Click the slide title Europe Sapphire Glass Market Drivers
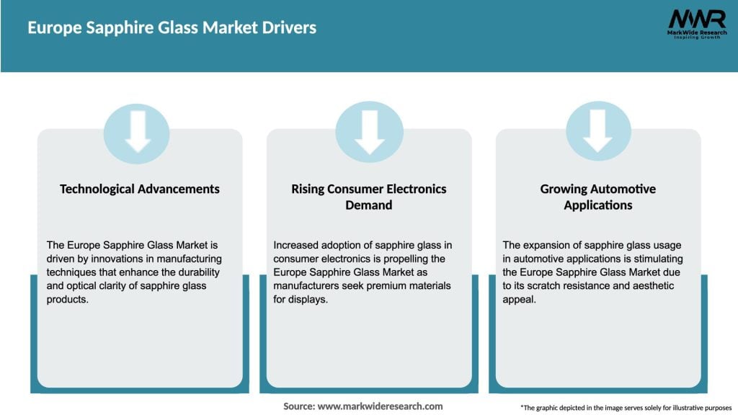pyautogui.click(x=172, y=28)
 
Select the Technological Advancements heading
pyautogui.click(x=140, y=189)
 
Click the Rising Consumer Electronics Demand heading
pyautogui.click(x=369, y=197)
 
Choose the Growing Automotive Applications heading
pyautogui.click(x=597, y=197)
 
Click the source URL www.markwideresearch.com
pyautogui.click(x=380, y=406)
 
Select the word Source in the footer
pyautogui.click(x=298, y=406)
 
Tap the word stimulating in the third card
pyautogui.click(x=649, y=259)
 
